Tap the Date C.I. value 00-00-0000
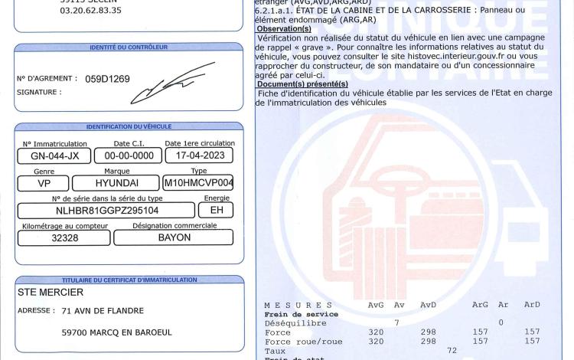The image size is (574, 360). click(128, 156)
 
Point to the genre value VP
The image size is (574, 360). click(44, 184)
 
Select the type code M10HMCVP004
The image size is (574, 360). click(198, 183)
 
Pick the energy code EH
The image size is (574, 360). click(215, 209)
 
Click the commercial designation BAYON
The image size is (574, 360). click(174, 237)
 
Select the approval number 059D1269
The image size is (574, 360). click(107, 79)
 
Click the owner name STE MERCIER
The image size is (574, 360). click(51, 292)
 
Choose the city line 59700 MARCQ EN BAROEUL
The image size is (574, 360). click(117, 332)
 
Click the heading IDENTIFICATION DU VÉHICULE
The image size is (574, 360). click(129, 126)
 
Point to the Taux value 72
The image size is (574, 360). click(452, 350)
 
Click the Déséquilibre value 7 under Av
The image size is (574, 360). click(396, 322)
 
